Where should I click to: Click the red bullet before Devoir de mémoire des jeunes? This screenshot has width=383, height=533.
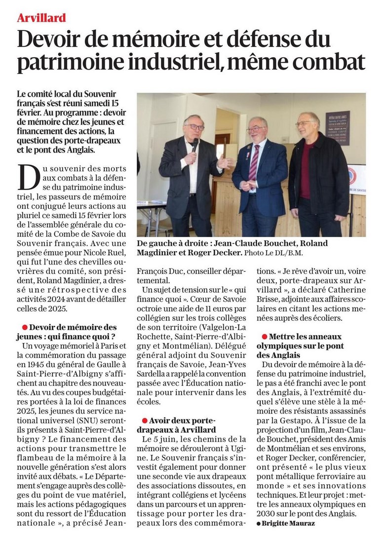(x=24, y=327)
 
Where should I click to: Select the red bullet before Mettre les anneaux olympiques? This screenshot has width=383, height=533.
(x=265, y=336)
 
